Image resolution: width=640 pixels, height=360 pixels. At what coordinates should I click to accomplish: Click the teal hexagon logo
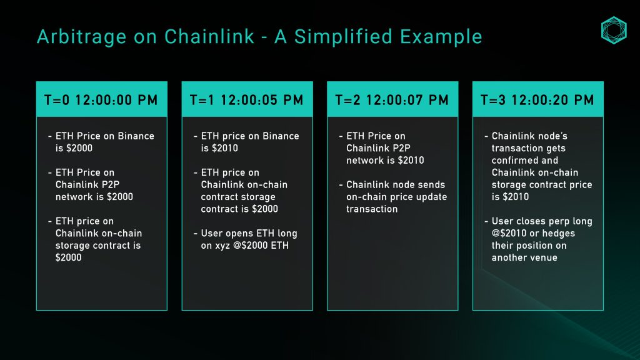pyautogui.click(x=614, y=30)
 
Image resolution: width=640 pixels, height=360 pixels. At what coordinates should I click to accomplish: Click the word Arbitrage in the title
pyautogui.click(x=82, y=37)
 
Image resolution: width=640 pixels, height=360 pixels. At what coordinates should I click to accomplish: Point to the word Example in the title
pyautogui.click(x=441, y=37)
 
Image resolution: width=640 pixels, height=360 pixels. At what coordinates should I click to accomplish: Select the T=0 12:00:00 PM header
pyautogui.click(x=101, y=100)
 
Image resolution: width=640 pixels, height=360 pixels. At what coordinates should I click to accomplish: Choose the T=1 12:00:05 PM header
pyautogui.click(x=247, y=100)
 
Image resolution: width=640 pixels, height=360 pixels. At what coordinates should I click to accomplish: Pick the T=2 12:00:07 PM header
pyautogui.click(x=392, y=100)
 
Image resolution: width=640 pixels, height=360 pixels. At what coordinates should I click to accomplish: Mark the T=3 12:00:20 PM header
pyautogui.click(x=537, y=100)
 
